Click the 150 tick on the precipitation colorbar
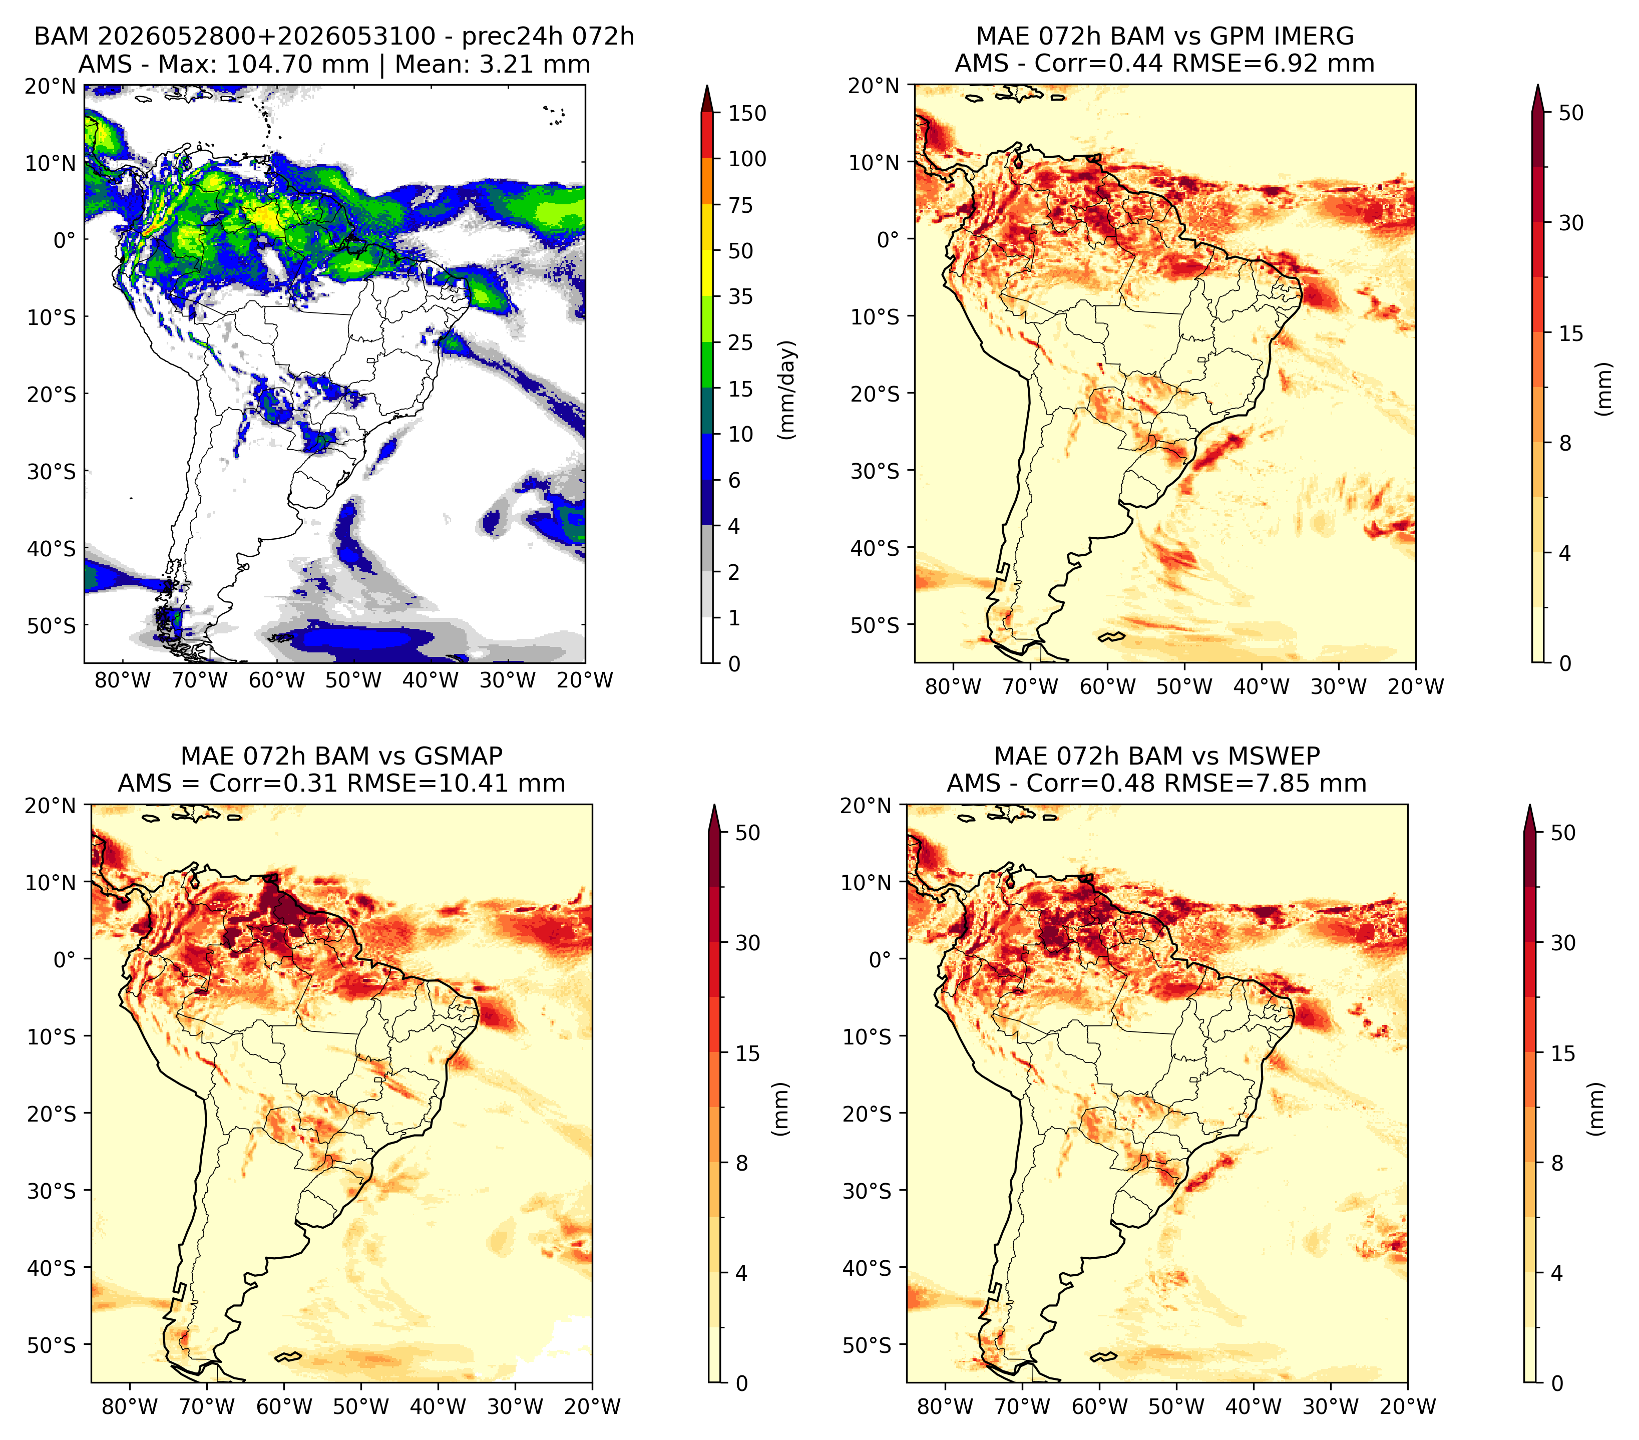[746, 113]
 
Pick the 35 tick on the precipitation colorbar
[740, 296]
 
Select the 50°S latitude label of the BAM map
[52, 625]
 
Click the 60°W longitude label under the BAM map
[277, 680]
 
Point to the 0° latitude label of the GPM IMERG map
[889, 239]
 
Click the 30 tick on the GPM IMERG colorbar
[1571, 223]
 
